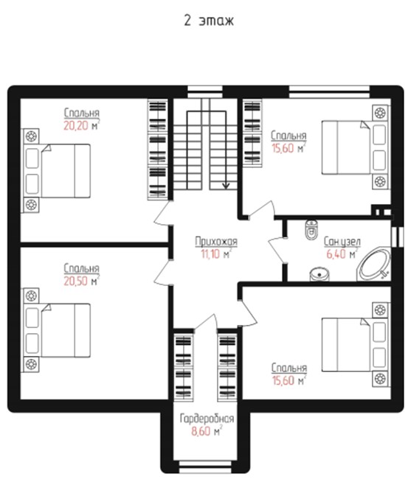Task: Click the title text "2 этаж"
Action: tap(209, 21)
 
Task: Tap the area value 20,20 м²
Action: tap(82, 125)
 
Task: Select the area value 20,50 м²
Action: tap(82, 281)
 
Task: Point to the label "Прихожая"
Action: tap(216, 241)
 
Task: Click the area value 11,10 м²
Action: tap(216, 254)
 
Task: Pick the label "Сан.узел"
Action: tap(342, 242)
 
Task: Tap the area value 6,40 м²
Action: tap(342, 254)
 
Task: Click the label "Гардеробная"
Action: tap(207, 419)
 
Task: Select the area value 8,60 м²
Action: tap(207, 431)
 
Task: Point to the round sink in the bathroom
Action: tap(319, 275)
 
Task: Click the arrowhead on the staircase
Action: tap(226, 186)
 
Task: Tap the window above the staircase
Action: tap(205, 91)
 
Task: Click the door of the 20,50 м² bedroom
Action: tap(163, 272)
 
